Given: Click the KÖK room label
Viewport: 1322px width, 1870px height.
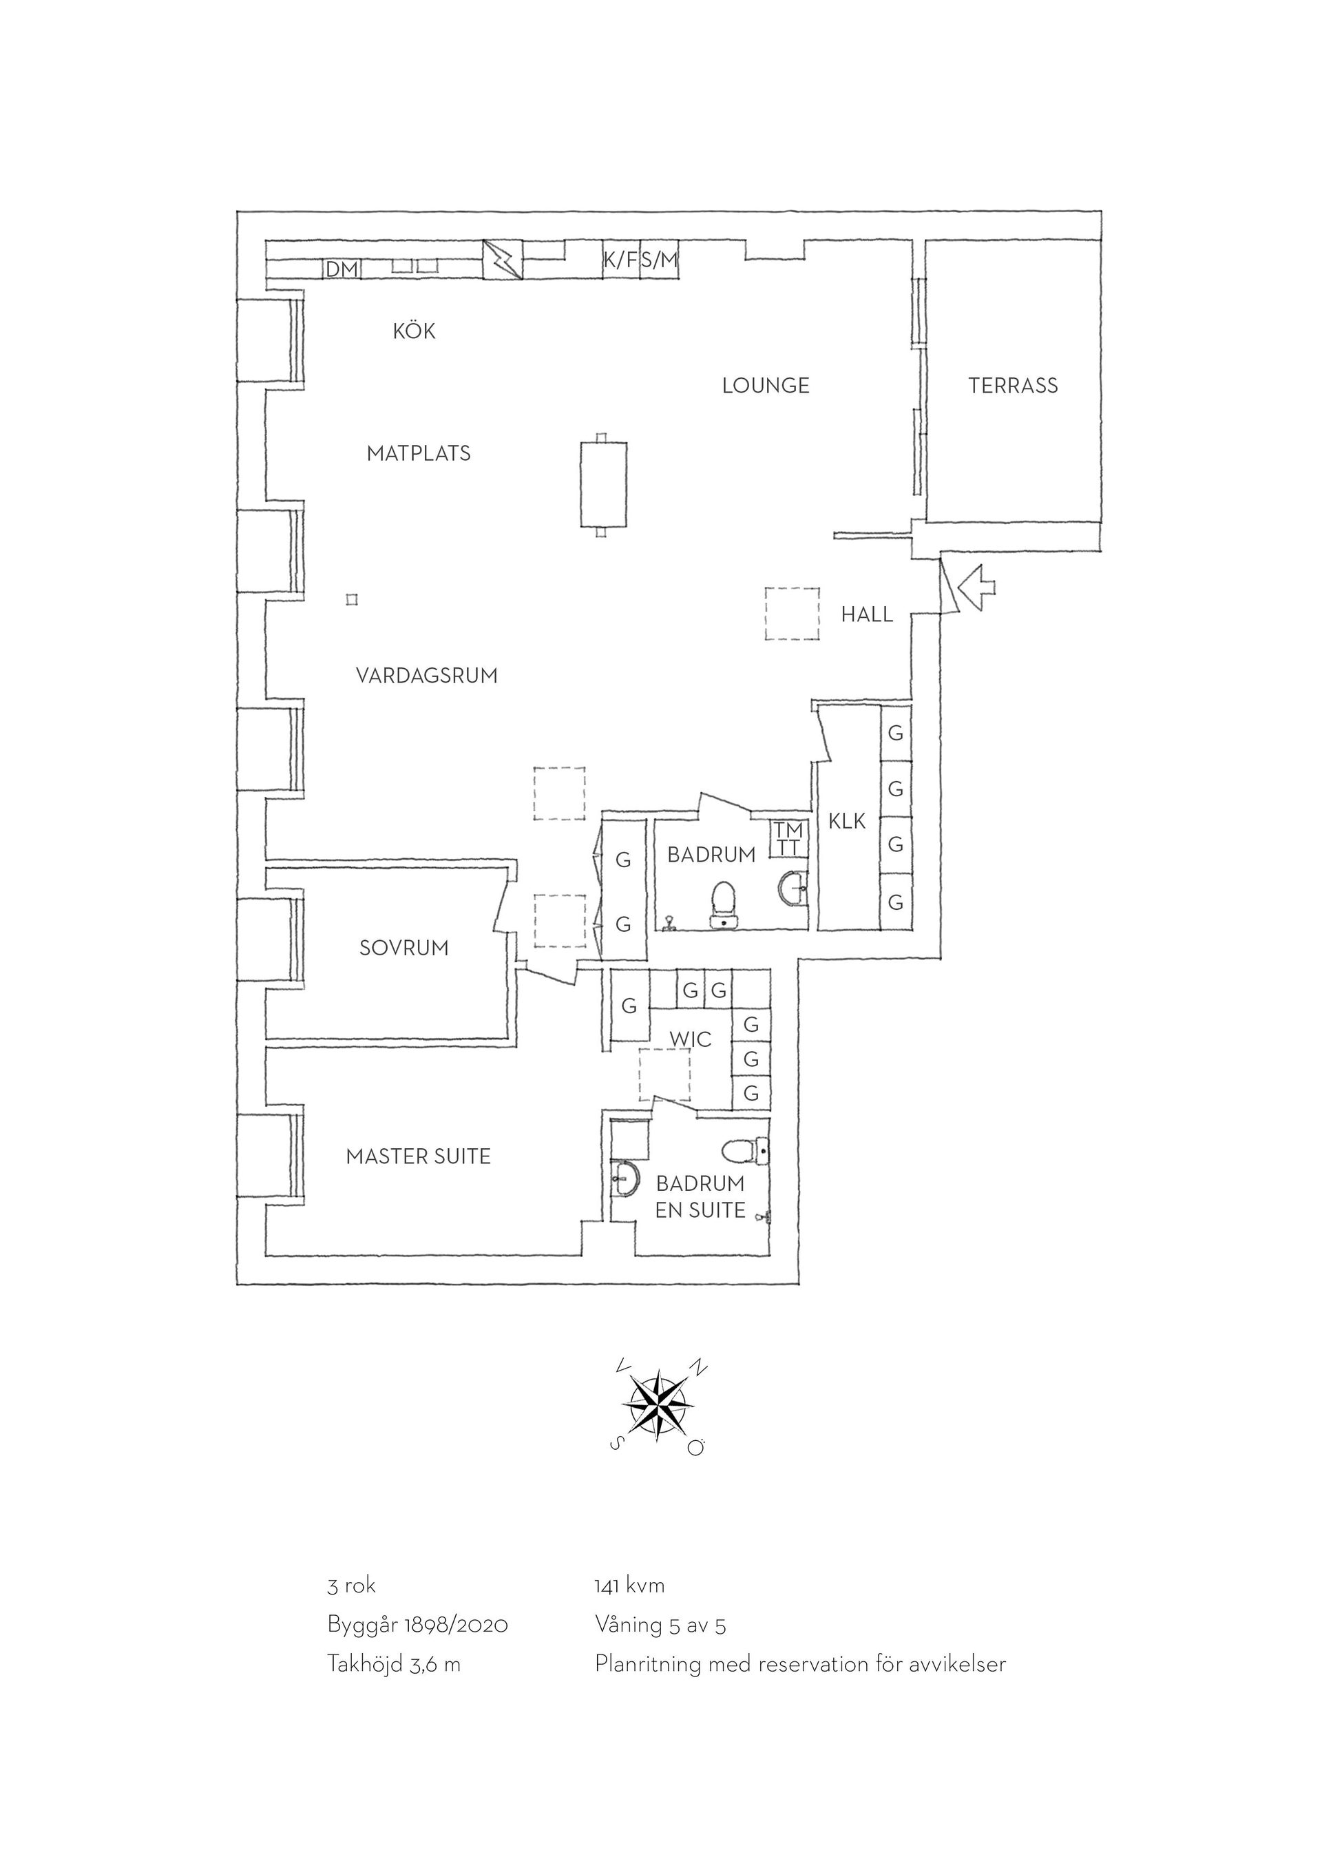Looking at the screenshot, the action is (x=415, y=331).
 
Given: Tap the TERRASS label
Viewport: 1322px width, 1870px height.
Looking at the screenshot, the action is (x=1014, y=385).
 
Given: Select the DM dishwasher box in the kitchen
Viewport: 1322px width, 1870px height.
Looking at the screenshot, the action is (x=343, y=269).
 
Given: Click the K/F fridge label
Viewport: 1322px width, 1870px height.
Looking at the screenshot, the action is (x=620, y=260).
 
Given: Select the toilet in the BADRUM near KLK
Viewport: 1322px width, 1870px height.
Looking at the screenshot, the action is (x=724, y=904).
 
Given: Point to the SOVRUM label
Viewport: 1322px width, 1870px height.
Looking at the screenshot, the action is (x=403, y=948).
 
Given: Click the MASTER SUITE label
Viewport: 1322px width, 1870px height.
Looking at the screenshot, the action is (x=419, y=1156).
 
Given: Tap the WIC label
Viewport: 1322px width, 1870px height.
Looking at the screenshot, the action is (x=691, y=1040).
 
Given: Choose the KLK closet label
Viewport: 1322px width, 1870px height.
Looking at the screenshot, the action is (x=848, y=822).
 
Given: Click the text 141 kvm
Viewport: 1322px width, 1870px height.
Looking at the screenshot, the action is (x=630, y=1586).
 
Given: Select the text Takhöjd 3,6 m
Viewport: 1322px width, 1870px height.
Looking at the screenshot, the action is (x=394, y=1664).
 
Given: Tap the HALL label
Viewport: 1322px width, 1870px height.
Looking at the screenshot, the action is (x=867, y=614).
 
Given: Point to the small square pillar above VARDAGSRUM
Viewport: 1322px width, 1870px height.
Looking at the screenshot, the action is (x=352, y=600).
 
